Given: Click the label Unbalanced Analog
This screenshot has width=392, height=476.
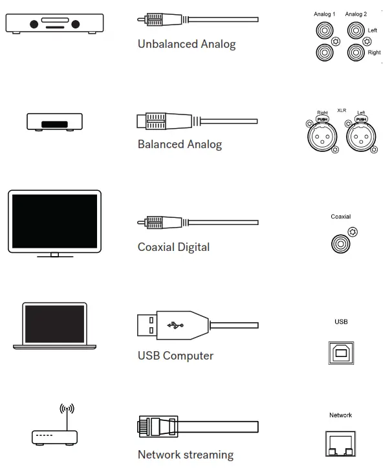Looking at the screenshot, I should tap(186, 45).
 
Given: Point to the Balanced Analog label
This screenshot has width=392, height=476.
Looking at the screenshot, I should tap(180, 144).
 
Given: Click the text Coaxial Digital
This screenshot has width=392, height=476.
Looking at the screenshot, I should tap(173, 247).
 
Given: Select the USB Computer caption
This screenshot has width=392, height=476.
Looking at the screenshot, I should tap(175, 356).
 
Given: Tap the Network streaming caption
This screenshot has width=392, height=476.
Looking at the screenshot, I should tap(186, 455).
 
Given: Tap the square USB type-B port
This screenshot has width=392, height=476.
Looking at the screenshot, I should tap(341, 352).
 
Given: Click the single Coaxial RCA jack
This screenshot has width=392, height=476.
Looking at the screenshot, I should tap(340, 244).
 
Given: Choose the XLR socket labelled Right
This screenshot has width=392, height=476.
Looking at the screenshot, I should tap(321, 136).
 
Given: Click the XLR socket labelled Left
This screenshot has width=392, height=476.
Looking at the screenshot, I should tap(360, 136).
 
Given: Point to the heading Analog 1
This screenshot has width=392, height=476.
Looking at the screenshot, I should tap(324, 14).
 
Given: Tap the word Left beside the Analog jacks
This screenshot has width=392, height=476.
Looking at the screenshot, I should tap(373, 30).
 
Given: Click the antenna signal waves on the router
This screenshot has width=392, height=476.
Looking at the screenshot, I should tap(67, 409).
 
